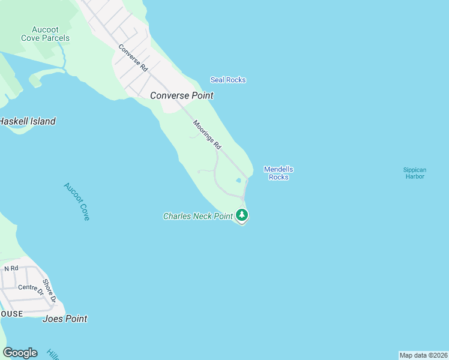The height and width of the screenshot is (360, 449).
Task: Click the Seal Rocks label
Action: [228, 80]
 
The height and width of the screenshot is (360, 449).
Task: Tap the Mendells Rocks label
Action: [279, 173]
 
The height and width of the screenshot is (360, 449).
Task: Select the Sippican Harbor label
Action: [414, 173]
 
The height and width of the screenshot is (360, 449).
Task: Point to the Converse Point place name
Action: [181, 95]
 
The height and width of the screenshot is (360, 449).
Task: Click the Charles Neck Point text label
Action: [197, 216]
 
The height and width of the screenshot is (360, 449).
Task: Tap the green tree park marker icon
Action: [242, 214]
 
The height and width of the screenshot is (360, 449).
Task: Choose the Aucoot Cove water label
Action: [77, 202]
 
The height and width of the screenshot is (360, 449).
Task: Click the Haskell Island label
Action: [27, 121]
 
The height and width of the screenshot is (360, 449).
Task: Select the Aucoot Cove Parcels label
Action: [46, 34]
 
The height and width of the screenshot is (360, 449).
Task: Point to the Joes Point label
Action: [65, 319]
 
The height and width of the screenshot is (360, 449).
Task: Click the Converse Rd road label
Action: [133, 58]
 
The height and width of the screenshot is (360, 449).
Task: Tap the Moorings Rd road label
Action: [207, 135]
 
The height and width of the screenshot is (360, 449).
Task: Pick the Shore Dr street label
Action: [50, 291]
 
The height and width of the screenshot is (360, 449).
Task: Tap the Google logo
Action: [20, 353]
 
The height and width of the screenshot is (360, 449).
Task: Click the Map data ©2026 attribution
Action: [423, 355]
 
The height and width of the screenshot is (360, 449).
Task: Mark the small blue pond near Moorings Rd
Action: [238, 180]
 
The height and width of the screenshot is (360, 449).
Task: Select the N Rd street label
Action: [11, 268]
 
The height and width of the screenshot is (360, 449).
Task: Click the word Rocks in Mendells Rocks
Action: [279, 177]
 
